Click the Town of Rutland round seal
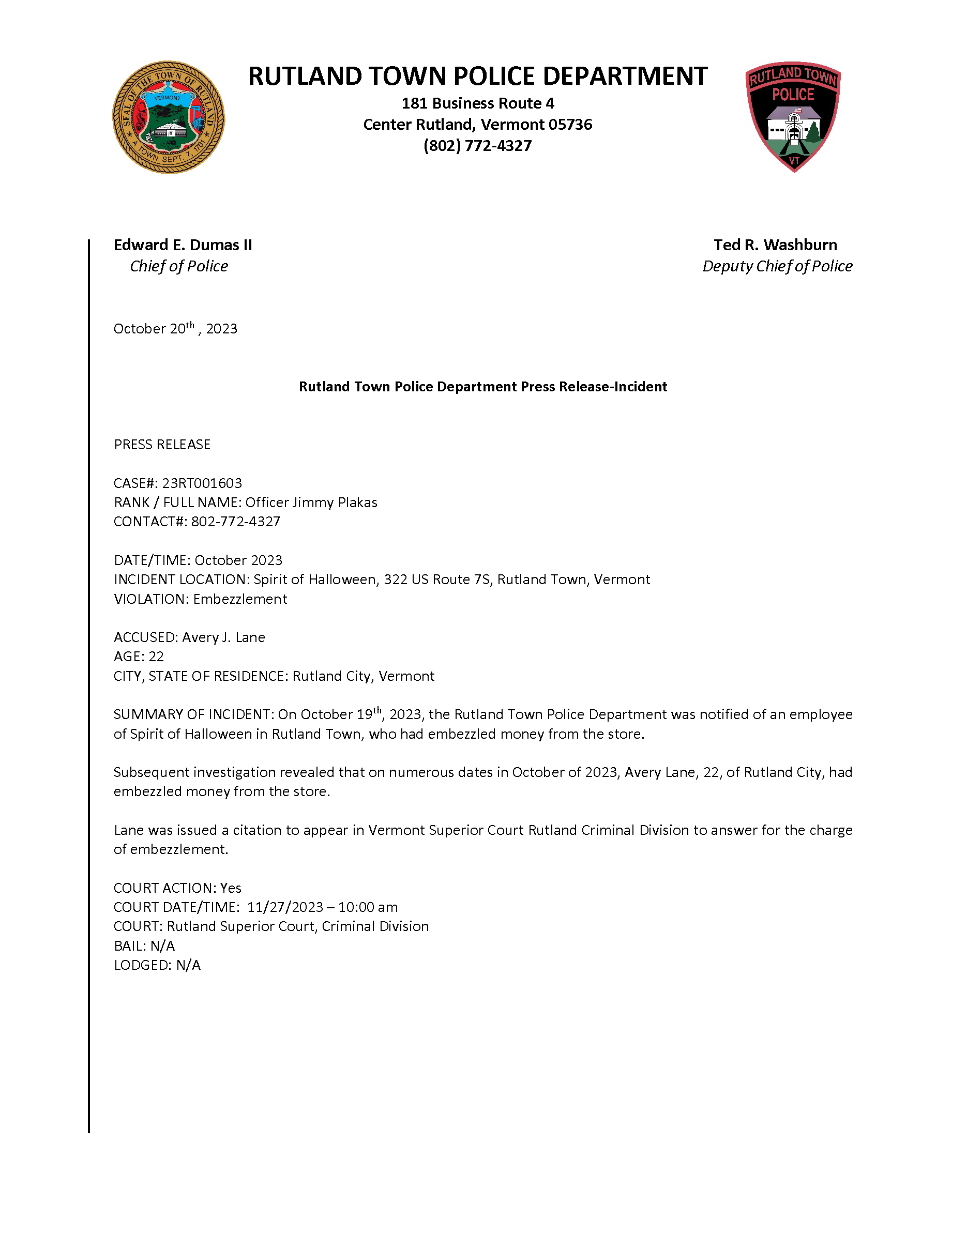coord(168,117)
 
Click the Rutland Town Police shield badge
coord(793,116)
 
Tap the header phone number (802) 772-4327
coord(477,145)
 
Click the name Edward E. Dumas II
coord(182,245)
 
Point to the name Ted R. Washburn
coord(775,245)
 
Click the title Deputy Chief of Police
coord(777,266)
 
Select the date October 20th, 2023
coord(175,329)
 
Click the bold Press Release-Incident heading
coord(482,387)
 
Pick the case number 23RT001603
coord(202,483)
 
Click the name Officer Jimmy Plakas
coord(311,502)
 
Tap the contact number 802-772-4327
coord(235,521)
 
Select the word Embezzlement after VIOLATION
coord(240,599)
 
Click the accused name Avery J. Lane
coord(223,637)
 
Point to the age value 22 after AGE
coord(156,657)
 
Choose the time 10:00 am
coord(367,907)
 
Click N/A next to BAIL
coord(163,945)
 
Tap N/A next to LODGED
coord(188,965)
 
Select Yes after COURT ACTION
coord(231,888)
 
